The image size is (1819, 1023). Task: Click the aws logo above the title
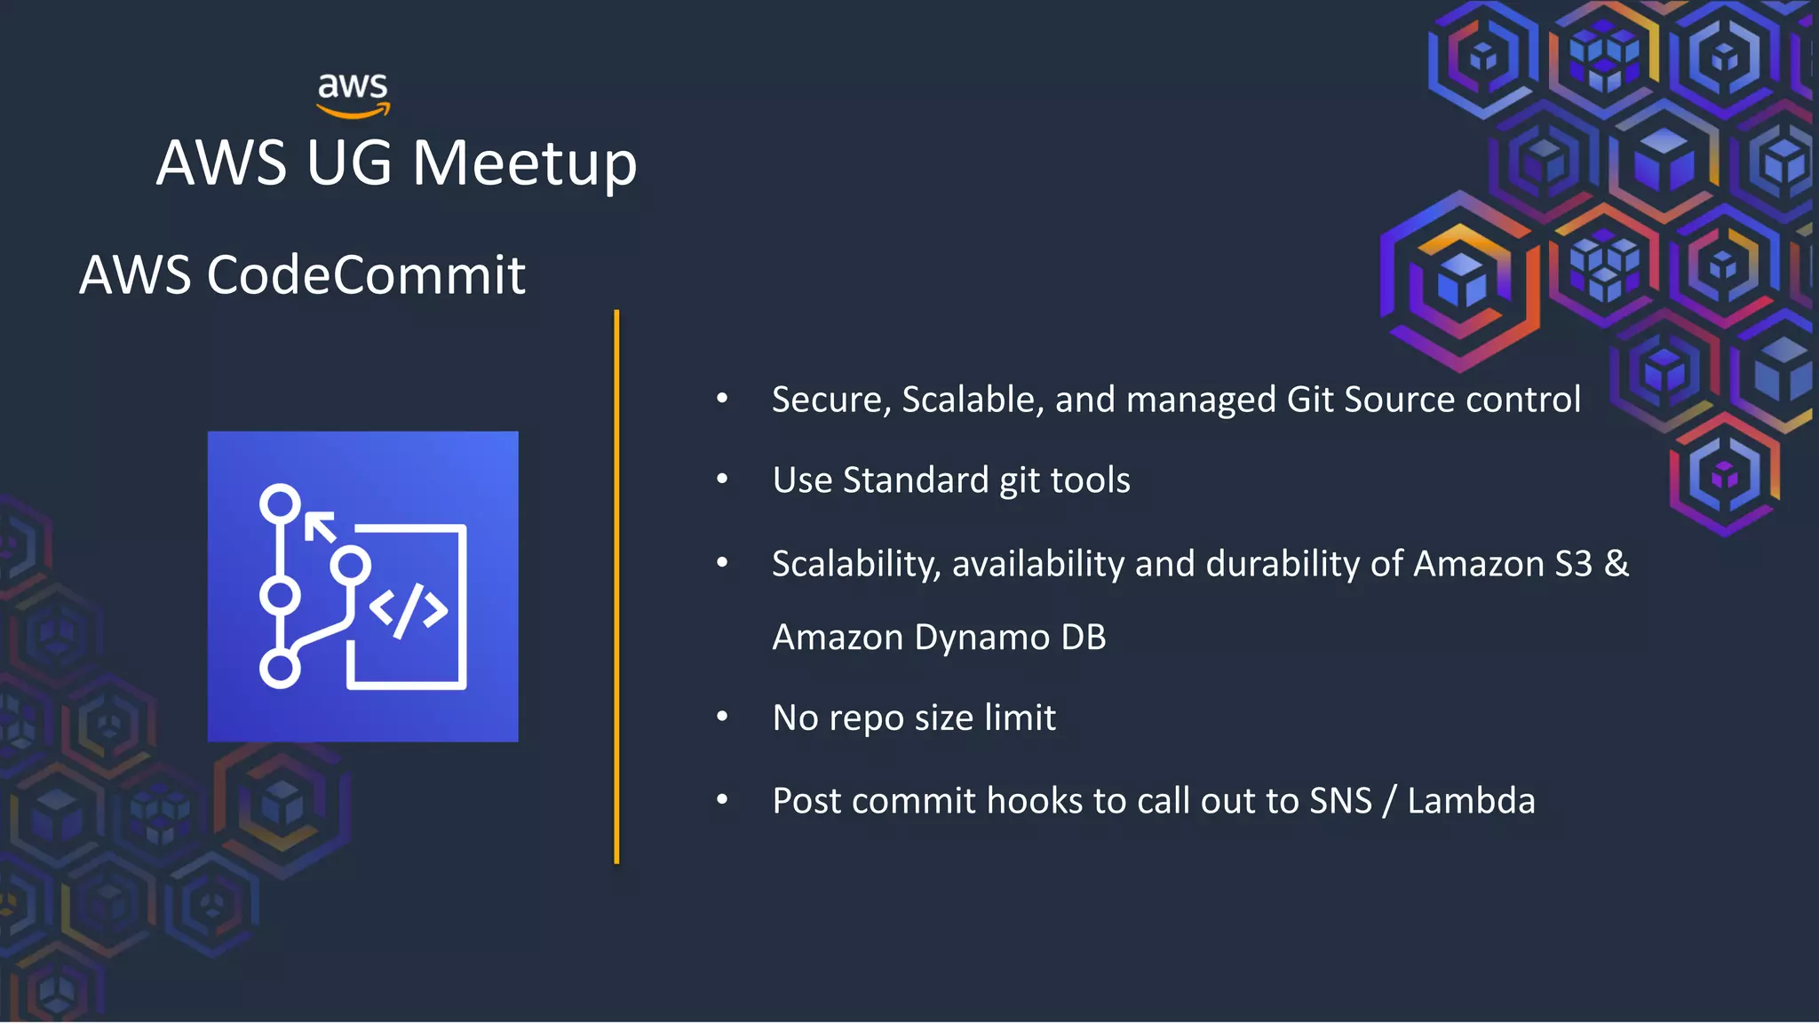(x=353, y=94)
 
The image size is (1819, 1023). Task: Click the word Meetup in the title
(x=524, y=163)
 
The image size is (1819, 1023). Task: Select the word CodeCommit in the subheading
(x=366, y=274)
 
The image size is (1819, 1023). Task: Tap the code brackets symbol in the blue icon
(x=409, y=610)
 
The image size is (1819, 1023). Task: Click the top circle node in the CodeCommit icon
(x=280, y=504)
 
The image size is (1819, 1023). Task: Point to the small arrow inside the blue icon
(x=320, y=527)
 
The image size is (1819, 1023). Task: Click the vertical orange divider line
(x=616, y=586)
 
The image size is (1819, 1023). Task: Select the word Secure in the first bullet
(x=827, y=400)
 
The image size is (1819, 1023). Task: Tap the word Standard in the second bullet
(x=915, y=480)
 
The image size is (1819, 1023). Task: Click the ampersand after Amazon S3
(x=1616, y=564)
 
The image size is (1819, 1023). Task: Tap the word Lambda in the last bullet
(x=1471, y=801)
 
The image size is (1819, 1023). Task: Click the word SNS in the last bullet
(x=1340, y=801)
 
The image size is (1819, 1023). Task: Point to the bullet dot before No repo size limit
(x=722, y=717)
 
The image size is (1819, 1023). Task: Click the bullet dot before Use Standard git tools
(x=722, y=480)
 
